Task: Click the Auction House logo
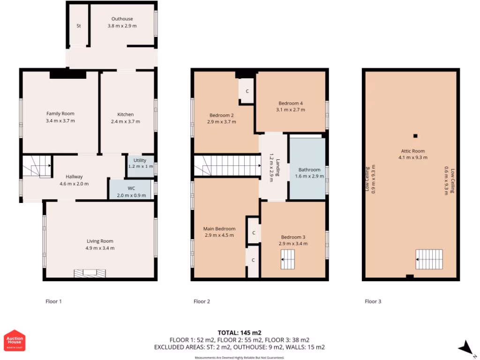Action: click(x=15, y=340)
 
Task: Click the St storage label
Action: click(x=79, y=26)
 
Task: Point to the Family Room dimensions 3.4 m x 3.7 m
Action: click(x=60, y=121)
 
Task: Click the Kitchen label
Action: click(x=125, y=114)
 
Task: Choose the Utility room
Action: click(x=140, y=165)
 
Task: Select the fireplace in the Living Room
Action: click(x=89, y=273)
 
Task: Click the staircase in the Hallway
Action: click(x=37, y=166)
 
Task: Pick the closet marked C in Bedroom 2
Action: click(x=247, y=90)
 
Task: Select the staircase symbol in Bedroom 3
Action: click(x=288, y=259)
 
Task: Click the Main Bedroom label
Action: click(x=219, y=229)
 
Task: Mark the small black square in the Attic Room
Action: click(x=415, y=136)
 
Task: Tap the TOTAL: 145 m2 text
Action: click(x=239, y=333)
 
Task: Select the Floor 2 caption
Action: click(x=202, y=301)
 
